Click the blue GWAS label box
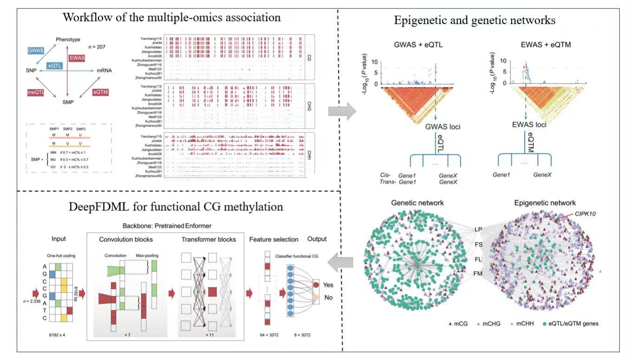(35, 50)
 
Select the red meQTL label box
(35, 93)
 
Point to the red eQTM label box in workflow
(101, 92)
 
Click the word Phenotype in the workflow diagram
(68, 39)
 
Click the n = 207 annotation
(97, 47)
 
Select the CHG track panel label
(309, 105)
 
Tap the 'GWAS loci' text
(443, 126)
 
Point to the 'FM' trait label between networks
(478, 274)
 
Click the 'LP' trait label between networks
(478, 229)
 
